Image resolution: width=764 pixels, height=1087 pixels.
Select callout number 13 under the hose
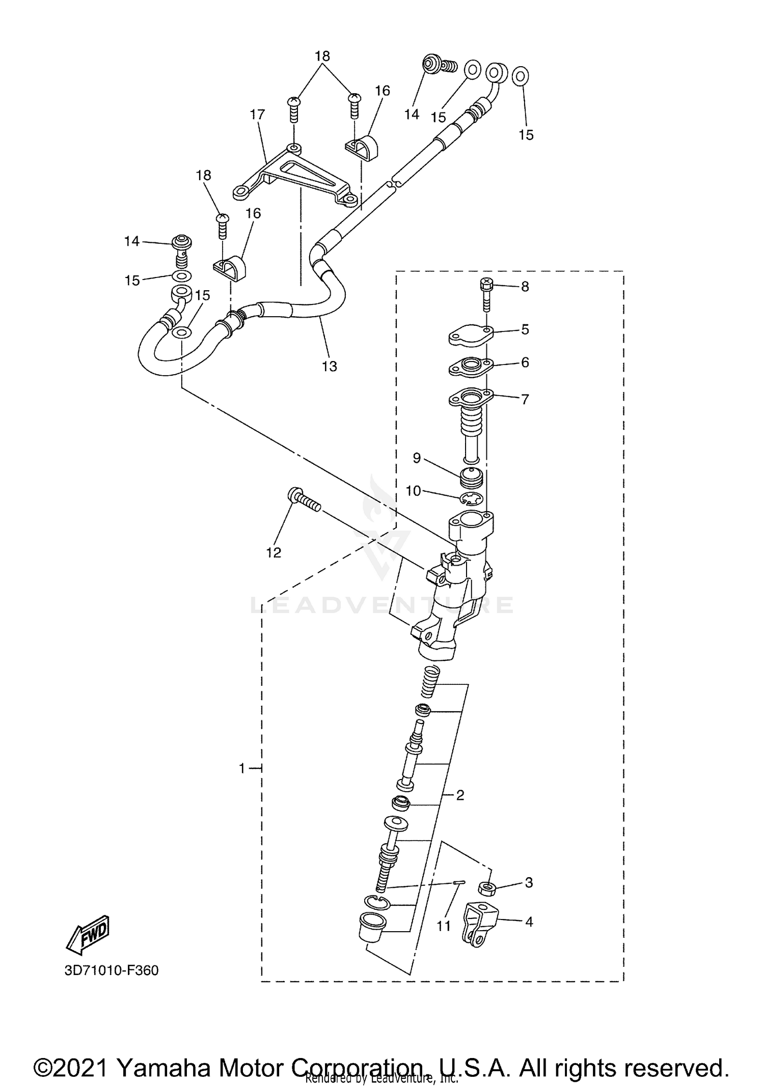330,366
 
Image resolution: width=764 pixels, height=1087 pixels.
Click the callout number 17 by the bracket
258,115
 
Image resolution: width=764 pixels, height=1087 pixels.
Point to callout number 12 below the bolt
274,552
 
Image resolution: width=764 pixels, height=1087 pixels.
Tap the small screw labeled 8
486,294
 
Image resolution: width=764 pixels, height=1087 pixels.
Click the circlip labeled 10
473,499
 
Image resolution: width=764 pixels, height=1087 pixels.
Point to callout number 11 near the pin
444,926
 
